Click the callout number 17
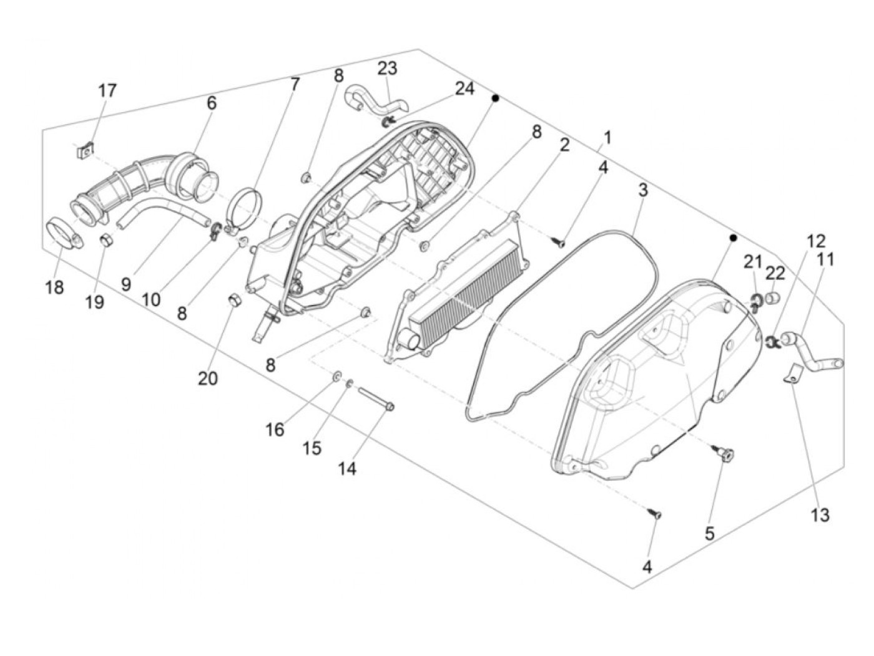click(x=107, y=90)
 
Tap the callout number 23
click(x=387, y=68)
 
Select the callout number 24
click(x=464, y=89)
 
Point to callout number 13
click(x=820, y=515)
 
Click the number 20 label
click(x=208, y=378)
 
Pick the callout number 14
click(x=347, y=469)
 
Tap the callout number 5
click(x=709, y=534)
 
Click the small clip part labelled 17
click(x=87, y=150)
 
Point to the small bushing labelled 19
click(x=107, y=239)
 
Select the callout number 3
click(x=642, y=190)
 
